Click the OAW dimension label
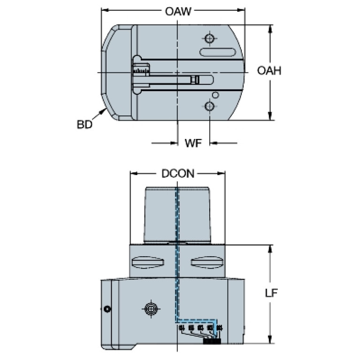174,11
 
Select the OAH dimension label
269,71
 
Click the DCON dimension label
177,174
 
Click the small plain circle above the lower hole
215,95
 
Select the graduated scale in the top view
140,70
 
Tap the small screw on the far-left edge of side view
107,308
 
